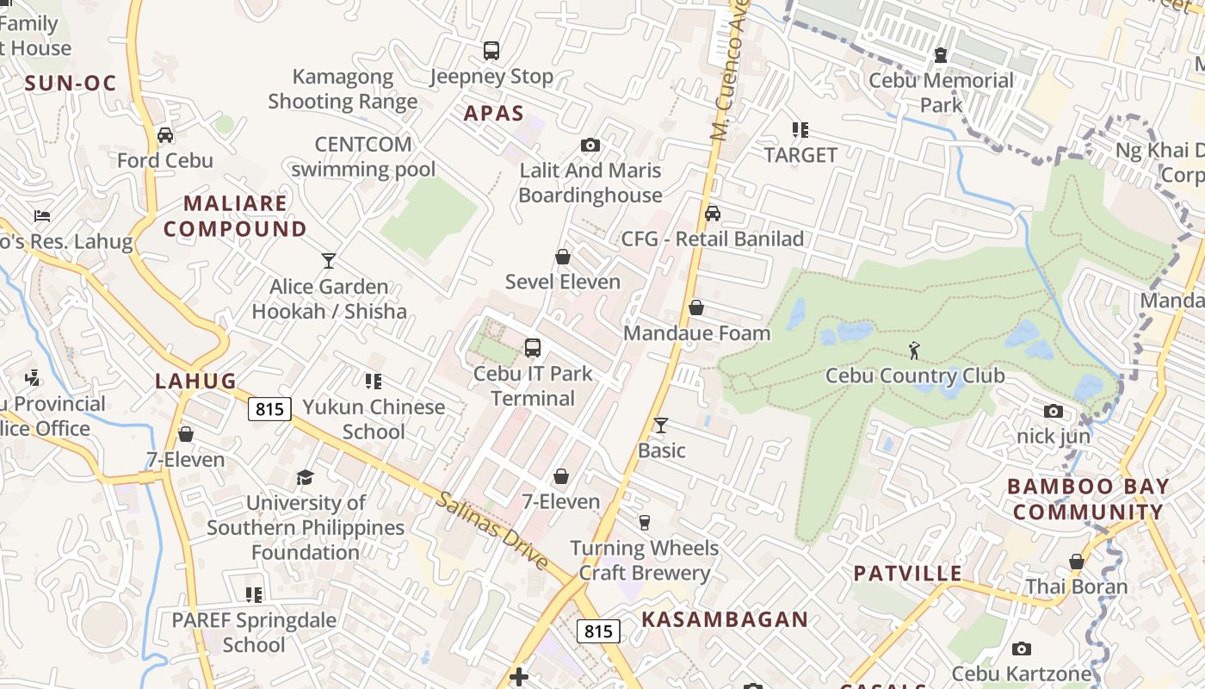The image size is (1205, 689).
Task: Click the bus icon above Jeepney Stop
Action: pyautogui.click(x=491, y=51)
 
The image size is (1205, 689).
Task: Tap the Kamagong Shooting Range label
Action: pyautogui.click(x=343, y=89)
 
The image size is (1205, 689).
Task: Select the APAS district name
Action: pyautogui.click(x=494, y=113)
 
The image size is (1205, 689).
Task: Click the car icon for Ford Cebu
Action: pyautogui.click(x=165, y=135)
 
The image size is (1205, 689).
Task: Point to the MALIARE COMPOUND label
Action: pyautogui.click(x=235, y=216)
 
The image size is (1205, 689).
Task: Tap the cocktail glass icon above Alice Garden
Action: pyautogui.click(x=328, y=260)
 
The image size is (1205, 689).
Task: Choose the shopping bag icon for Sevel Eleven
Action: pyautogui.click(x=563, y=257)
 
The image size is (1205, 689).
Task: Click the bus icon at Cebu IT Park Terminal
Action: pyautogui.click(x=533, y=348)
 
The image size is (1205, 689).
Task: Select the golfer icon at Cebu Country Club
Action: pyautogui.click(x=914, y=351)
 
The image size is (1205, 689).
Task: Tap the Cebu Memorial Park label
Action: pyautogui.click(x=941, y=93)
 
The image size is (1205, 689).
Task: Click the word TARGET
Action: pyautogui.click(x=800, y=155)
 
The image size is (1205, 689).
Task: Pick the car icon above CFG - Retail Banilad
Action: pyautogui.click(x=713, y=214)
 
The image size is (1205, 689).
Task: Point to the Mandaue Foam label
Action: pyautogui.click(x=696, y=332)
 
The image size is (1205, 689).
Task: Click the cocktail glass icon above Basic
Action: pyautogui.click(x=661, y=425)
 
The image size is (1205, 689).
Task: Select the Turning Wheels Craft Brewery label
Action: pyautogui.click(x=644, y=560)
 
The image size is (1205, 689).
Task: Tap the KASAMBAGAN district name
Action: pyautogui.click(x=725, y=619)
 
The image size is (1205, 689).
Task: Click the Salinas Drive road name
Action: pyautogui.click(x=491, y=530)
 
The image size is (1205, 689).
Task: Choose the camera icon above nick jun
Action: pyautogui.click(x=1054, y=411)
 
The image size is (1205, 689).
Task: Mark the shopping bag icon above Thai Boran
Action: pyautogui.click(x=1076, y=562)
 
